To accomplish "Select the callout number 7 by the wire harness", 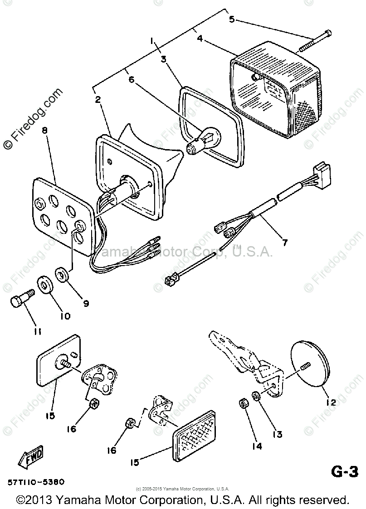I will point(284,242).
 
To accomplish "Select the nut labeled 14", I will point(243,403).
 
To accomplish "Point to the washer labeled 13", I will point(256,395).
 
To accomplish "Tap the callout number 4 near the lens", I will point(200,39).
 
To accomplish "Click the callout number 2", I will point(97,100).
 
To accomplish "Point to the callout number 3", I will point(163,58).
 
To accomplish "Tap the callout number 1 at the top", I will point(152,41).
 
